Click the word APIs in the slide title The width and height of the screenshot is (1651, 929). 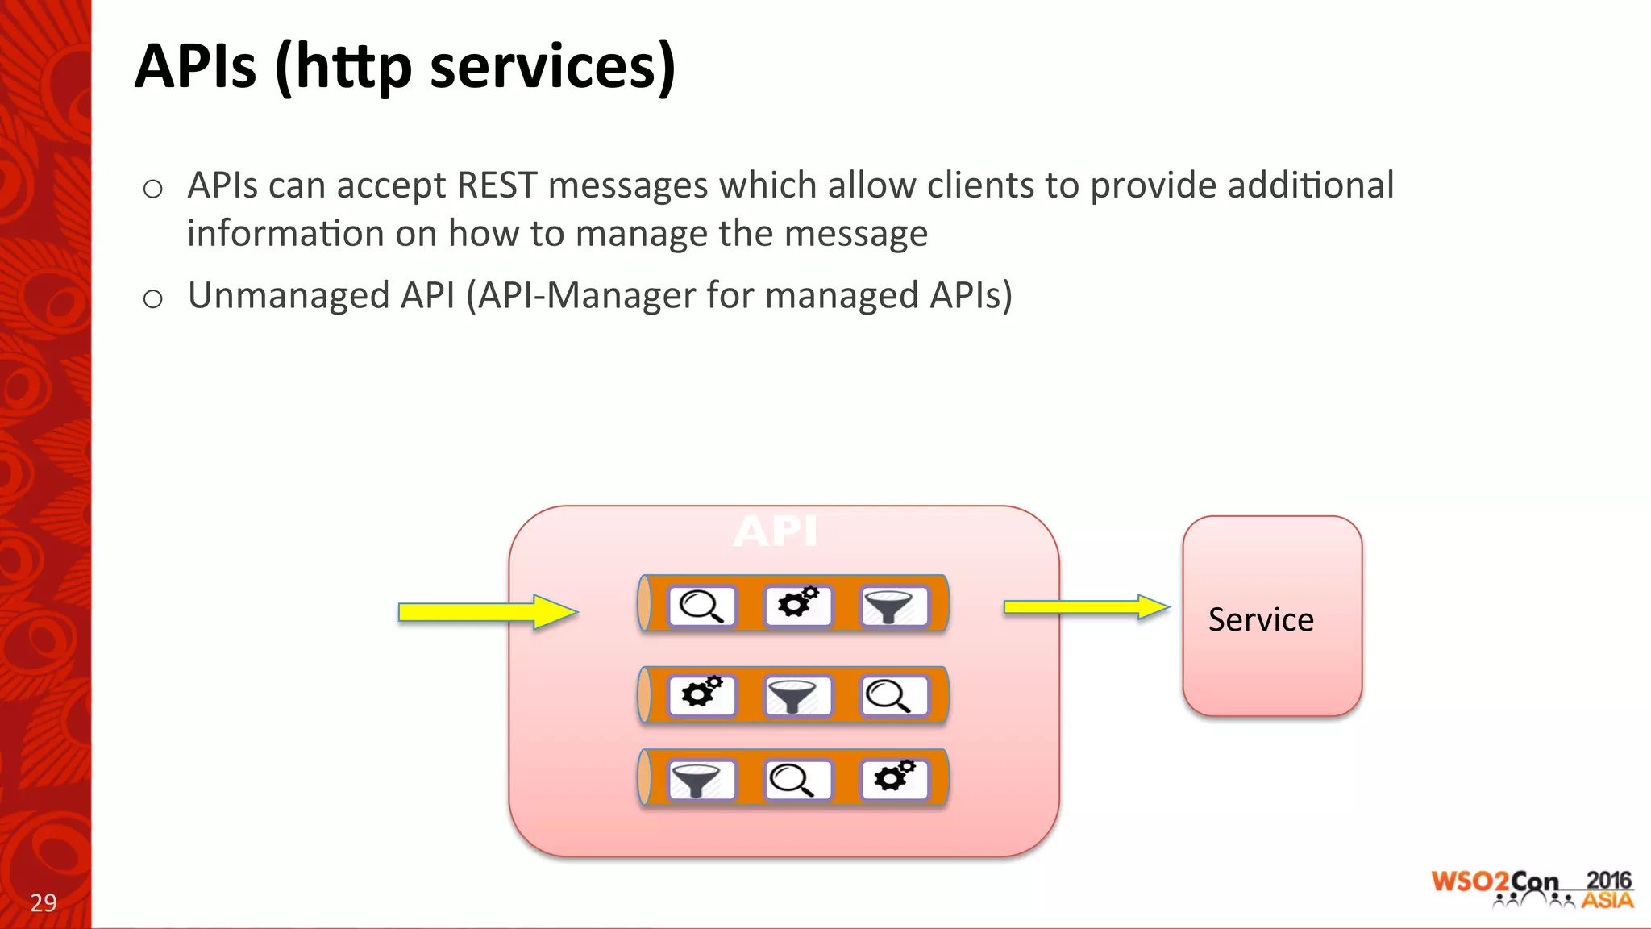pyautogui.click(x=196, y=66)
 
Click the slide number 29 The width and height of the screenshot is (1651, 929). pyautogui.click(x=44, y=902)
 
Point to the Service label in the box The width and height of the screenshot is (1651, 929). pyautogui.click(x=1260, y=619)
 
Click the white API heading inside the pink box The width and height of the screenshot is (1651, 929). pyautogui.click(x=776, y=531)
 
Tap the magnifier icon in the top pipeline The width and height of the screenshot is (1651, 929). pyautogui.click(x=701, y=606)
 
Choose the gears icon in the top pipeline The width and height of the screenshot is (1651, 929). pyautogui.click(x=797, y=604)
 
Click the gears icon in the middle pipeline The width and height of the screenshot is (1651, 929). pyautogui.click(x=701, y=694)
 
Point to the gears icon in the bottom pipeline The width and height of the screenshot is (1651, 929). pyautogui.click(x=893, y=777)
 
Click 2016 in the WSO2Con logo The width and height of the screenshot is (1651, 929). pyautogui.click(x=1607, y=880)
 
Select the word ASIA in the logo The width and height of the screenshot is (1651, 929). pyautogui.click(x=1607, y=900)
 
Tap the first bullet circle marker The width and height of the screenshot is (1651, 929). pyautogui.click(x=152, y=190)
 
